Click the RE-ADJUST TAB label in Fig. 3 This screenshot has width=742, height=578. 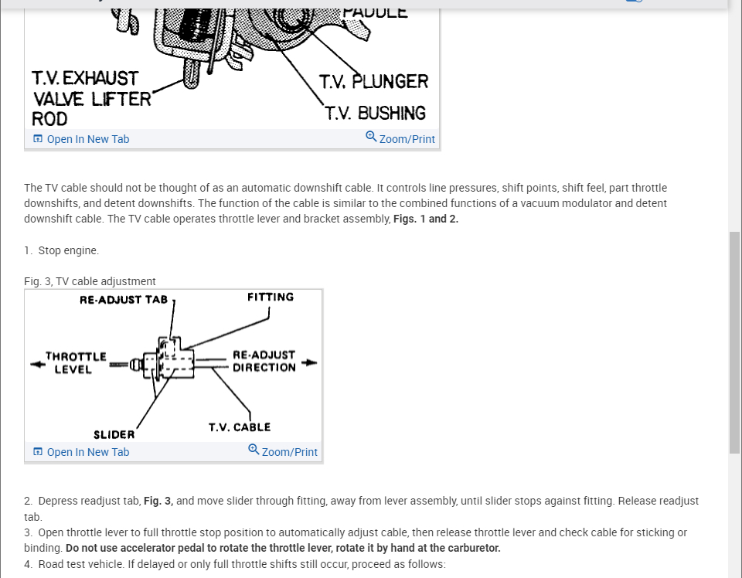pyautogui.click(x=124, y=300)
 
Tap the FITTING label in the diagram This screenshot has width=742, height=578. pyautogui.click(x=271, y=297)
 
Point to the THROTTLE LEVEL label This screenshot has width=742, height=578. pyautogui.click(x=75, y=363)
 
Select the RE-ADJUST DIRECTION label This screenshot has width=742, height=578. pyautogui.click(x=264, y=362)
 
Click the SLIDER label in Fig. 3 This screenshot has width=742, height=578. pyautogui.click(x=114, y=435)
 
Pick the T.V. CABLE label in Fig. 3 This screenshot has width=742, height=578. pyautogui.click(x=240, y=427)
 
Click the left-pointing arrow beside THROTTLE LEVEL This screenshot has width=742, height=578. pyautogui.click(x=36, y=363)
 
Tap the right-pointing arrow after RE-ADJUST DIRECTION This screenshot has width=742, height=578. pyautogui.click(x=309, y=362)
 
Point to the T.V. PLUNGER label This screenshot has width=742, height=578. pyautogui.click(x=373, y=82)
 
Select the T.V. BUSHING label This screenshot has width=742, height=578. pyautogui.click(x=376, y=114)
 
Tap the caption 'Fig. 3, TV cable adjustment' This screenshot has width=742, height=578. pyautogui.click(x=90, y=281)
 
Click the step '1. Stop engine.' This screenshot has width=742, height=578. pyautogui.click(x=61, y=250)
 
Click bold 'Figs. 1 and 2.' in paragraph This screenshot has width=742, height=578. pyautogui.click(x=426, y=219)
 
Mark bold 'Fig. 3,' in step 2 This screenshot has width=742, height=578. pyautogui.click(x=158, y=501)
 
